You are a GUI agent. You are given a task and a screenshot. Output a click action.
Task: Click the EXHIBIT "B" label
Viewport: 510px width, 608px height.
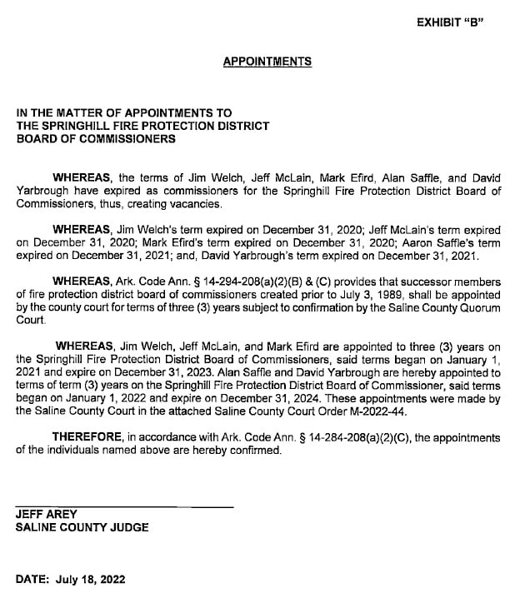coord(450,22)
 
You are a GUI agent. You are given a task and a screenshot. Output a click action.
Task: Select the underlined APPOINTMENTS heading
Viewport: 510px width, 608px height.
coord(267,62)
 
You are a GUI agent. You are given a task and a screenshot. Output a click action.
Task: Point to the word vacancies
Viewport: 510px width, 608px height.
coord(197,203)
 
